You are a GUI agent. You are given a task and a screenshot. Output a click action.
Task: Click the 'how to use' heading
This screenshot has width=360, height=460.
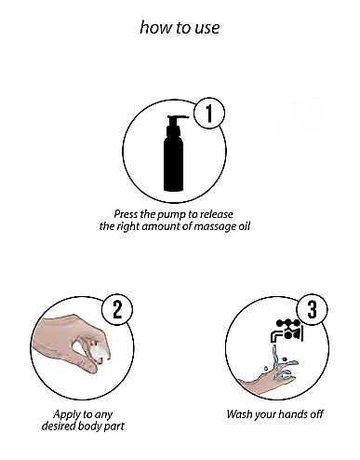[x=180, y=27]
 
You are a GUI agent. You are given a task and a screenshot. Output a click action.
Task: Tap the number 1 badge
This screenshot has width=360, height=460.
[x=209, y=113]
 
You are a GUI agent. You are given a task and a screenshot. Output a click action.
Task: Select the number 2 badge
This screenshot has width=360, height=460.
[x=117, y=310]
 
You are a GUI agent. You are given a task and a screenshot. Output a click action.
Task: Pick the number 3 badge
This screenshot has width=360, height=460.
[x=312, y=309]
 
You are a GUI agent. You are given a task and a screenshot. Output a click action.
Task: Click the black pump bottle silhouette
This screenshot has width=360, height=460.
[x=174, y=154]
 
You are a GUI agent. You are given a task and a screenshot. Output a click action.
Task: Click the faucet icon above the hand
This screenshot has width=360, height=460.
[x=286, y=331]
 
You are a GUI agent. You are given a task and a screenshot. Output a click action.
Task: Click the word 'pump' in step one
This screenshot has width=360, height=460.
[x=171, y=215]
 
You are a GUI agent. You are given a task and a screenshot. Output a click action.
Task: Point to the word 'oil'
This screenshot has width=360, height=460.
[x=244, y=226]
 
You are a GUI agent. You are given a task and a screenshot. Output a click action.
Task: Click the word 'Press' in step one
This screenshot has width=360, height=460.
[x=126, y=214]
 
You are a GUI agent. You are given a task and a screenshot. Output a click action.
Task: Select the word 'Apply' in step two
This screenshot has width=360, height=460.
[x=63, y=415]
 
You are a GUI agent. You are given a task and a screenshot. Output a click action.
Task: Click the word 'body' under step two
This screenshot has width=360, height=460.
[x=89, y=426]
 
